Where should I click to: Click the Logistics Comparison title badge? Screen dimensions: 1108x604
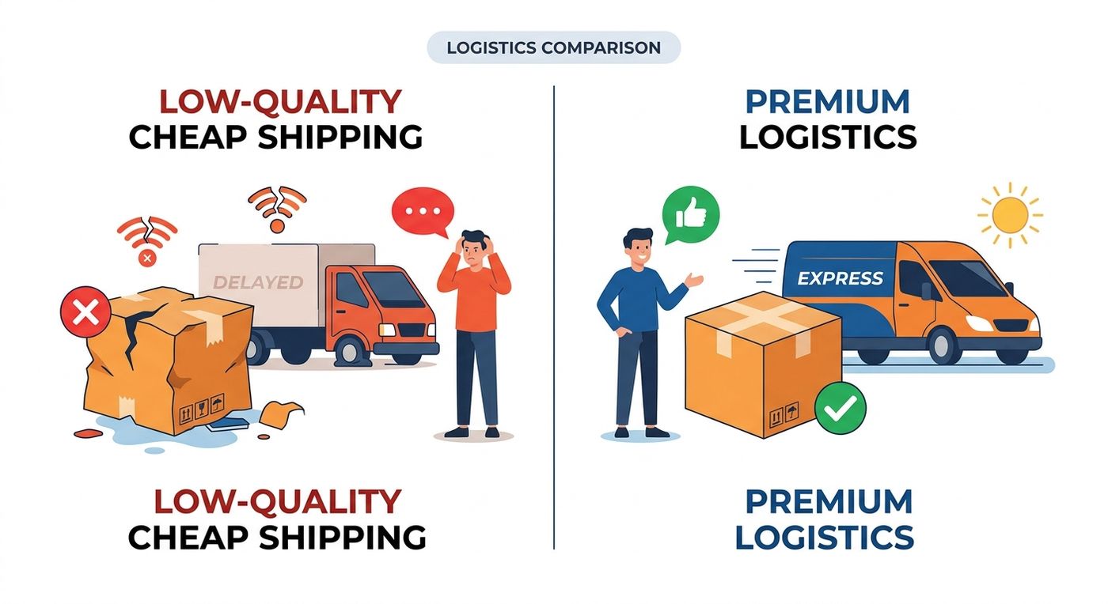553,47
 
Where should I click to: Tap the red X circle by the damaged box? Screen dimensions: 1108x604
85,312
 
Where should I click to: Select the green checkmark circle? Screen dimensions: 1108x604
840,408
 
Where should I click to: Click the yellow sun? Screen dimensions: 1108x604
1010,215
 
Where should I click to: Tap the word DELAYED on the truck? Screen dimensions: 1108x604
258,282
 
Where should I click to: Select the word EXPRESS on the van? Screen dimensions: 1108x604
840,278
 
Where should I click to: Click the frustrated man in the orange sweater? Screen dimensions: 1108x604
474,334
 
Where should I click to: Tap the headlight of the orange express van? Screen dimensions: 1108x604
980,323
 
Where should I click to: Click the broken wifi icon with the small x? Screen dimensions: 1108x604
147,240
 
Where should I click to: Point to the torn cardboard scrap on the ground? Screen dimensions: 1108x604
280,413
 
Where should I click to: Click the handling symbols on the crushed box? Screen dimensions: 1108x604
202,408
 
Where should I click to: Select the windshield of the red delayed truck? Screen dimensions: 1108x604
393,289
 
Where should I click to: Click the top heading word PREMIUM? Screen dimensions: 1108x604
827,102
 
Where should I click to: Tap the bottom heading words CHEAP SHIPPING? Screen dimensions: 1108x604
277,538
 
